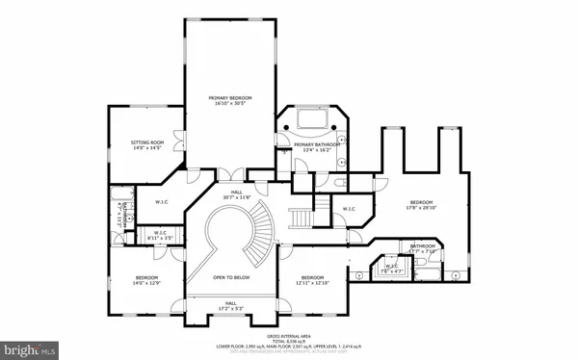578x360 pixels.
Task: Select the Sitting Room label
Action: click(144, 144)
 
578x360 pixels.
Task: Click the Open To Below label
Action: click(231, 274)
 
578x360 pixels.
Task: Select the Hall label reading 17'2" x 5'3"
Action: click(231, 305)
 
